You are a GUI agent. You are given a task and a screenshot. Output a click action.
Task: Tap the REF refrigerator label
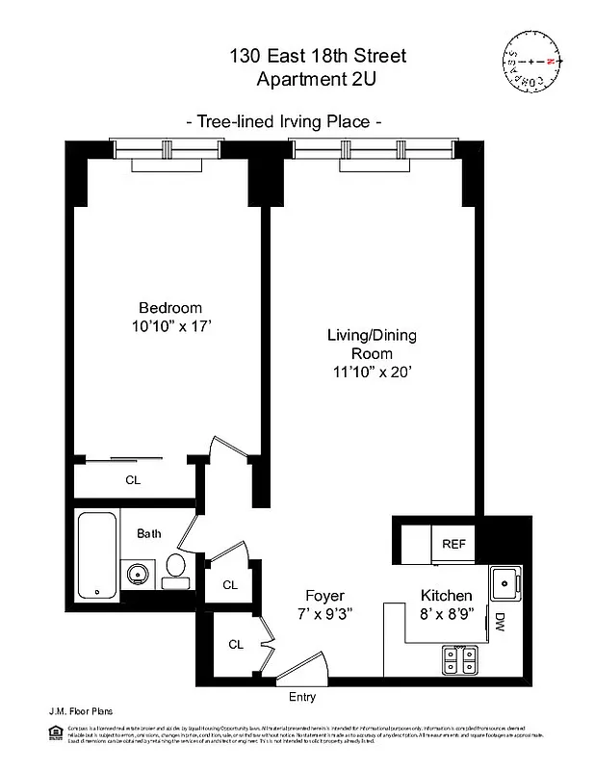pos(453,544)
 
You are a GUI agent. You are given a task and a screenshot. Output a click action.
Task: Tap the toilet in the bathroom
pos(175,570)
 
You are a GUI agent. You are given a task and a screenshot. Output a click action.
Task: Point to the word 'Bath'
pos(148,533)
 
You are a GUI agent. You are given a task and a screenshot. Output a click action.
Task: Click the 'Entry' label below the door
pos(301,697)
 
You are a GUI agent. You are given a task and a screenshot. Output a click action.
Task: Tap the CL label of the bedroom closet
pos(132,479)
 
